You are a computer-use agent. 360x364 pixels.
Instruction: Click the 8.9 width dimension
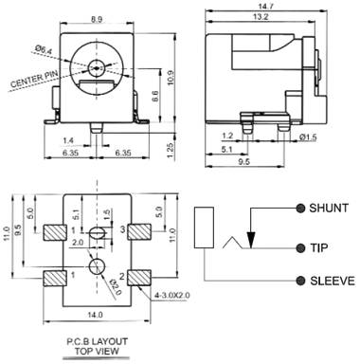pos(97,19)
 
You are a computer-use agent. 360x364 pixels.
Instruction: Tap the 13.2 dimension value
pos(261,17)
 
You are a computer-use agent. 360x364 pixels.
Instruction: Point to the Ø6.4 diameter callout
pos(44,49)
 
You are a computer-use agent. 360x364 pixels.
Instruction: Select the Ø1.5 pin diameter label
pos(308,137)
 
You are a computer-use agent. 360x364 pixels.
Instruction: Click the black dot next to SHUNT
pos(300,209)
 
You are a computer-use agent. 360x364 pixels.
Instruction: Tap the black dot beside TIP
pos(300,248)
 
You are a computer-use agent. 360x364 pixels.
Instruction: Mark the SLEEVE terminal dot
pos(300,281)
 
